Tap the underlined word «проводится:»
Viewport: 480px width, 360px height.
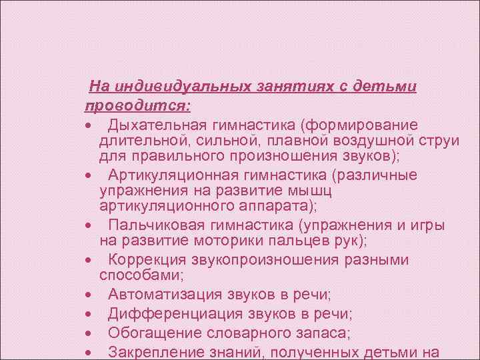(x=137, y=106)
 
